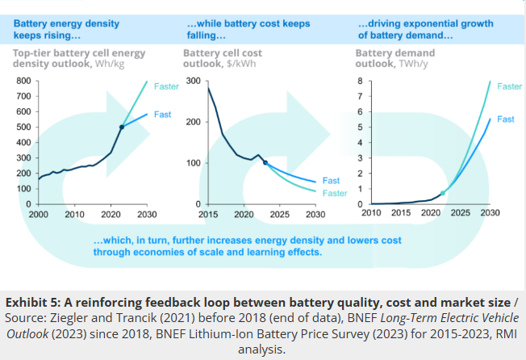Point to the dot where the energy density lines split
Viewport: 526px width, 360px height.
pos(121,127)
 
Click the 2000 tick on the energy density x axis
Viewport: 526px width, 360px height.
pos(38,215)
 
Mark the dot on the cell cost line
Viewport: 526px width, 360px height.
pos(265,163)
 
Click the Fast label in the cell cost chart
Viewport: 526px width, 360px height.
pos(331,181)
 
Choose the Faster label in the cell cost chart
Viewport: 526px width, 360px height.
pos(334,194)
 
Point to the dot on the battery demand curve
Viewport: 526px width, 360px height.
pos(442,193)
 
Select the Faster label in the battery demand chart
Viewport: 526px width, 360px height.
pos(509,86)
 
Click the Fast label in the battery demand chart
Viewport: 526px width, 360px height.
pos(506,119)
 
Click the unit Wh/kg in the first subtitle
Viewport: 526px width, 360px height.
pos(107,64)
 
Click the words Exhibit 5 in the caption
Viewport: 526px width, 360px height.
pos(39,303)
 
